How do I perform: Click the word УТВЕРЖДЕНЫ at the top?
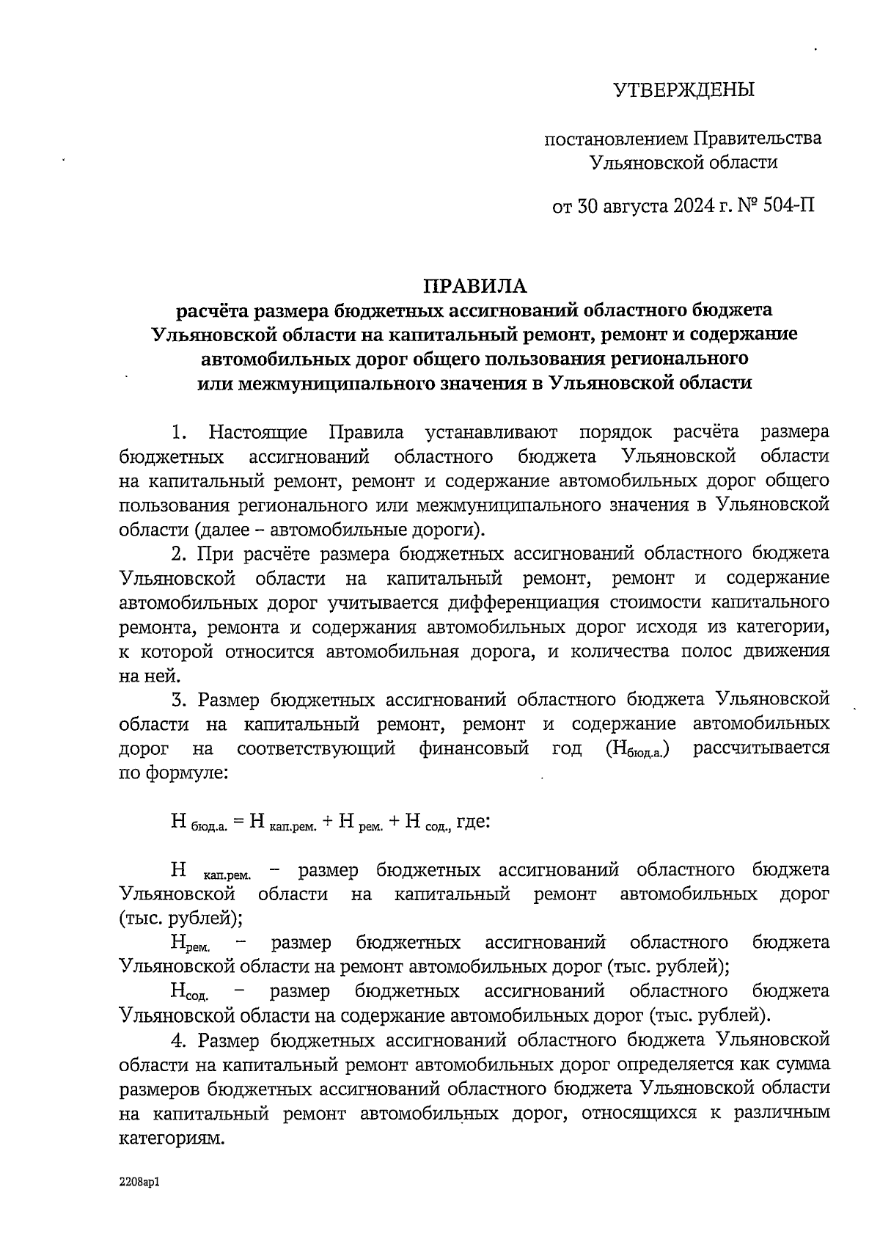tap(683, 90)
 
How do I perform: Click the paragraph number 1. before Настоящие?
tap(179, 432)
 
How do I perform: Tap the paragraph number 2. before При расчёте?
tap(179, 553)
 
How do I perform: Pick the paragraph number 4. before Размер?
tap(179, 1040)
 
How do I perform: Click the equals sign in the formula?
tap(238, 821)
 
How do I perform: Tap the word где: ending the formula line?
tap(473, 821)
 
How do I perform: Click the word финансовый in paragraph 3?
tap(474, 748)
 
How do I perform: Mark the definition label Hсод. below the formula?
tap(189, 993)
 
